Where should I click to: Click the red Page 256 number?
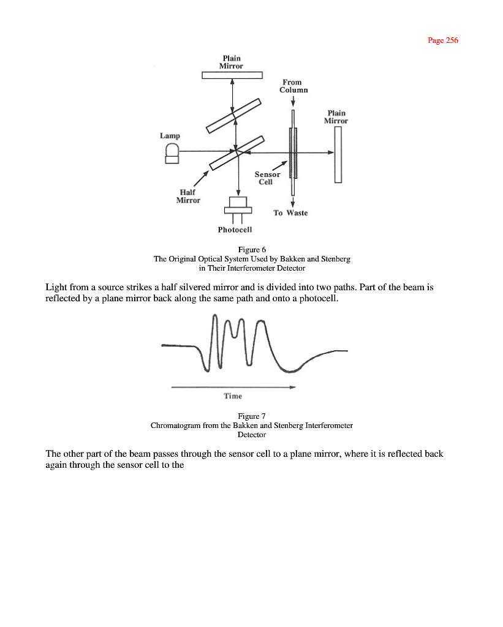coord(442,40)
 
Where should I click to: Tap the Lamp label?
coord(170,135)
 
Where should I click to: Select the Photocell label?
coord(235,230)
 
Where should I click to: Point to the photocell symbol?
coord(237,206)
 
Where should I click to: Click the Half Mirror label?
coord(187,197)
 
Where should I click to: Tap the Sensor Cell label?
coord(267,178)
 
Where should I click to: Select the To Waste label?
coord(290,213)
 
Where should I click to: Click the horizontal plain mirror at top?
coord(232,75)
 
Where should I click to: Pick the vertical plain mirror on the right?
coord(338,158)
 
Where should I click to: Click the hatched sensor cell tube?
coord(293,153)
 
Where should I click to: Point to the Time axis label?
coord(233,396)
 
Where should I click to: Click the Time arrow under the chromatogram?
coord(233,387)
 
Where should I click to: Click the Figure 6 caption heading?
coord(251,249)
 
